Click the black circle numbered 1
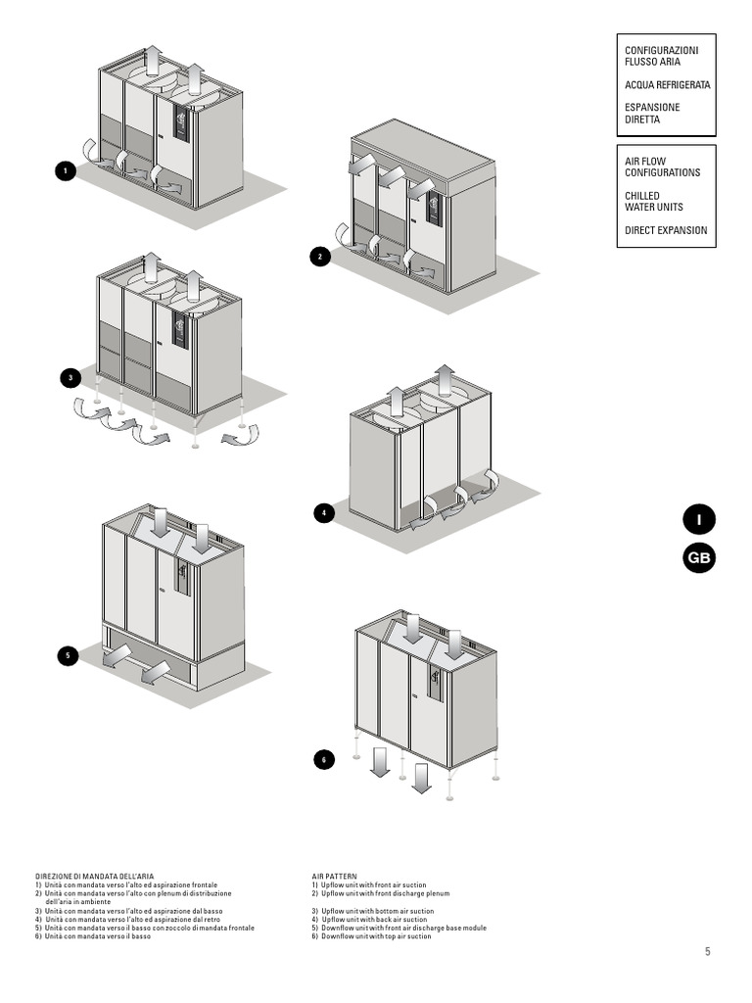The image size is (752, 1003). (66, 171)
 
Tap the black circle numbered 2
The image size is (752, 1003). (319, 257)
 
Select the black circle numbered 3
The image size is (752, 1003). (70, 377)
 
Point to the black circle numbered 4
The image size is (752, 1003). (323, 512)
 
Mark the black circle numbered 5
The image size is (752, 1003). (67, 656)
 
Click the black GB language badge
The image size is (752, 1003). (699, 558)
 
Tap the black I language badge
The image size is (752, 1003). (699, 519)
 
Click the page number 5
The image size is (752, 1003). (707, 951)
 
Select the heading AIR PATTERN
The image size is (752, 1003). (335, 877)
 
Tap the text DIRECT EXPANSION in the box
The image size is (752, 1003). (666, 230)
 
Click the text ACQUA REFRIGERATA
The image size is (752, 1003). (667, 85)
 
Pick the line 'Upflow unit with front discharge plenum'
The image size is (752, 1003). (380, 893)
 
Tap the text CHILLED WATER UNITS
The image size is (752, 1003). (654, 202)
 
